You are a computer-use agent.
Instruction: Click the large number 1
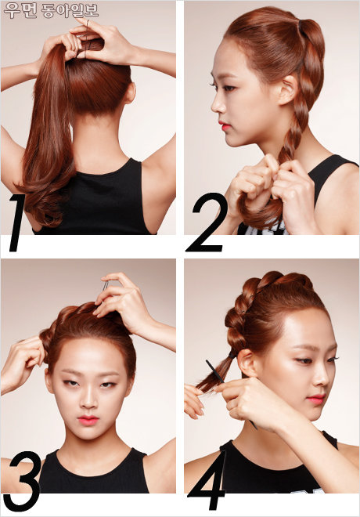pos(17,223)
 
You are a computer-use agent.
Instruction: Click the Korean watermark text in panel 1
pos(51,10)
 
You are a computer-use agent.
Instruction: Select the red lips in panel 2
pos(224,126)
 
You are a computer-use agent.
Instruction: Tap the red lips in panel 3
pos(88,420)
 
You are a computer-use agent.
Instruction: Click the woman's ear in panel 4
pos(247,363)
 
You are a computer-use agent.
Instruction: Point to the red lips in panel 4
pos(315,399)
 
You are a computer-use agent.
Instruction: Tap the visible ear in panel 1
pos(130,93)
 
